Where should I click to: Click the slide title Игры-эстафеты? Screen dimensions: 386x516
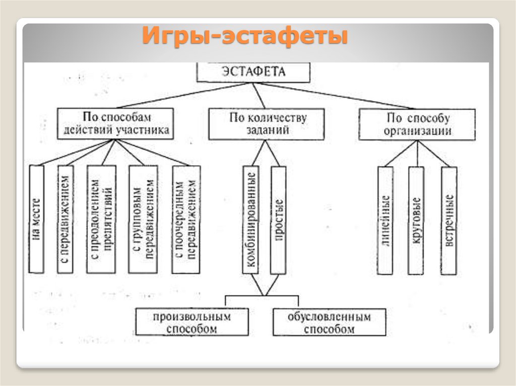pyautogui.click(x=245, y=37)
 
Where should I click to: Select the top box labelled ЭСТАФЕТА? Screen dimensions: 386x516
pyautogui.click(x=253, y=71)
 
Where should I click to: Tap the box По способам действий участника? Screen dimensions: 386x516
pyautogui.click(x=116, y=123)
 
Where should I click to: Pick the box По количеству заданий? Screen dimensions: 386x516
pyautogui.click(x=267, y=124)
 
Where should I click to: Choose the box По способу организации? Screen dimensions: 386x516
pyautogui.click(x=417, y=124)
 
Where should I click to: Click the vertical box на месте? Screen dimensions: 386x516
pyautogui.click(x=37, y=219)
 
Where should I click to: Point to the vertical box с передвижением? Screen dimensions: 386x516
pyautogui.click(x=66, y=219)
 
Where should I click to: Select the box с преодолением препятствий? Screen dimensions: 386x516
pyautogui.click(x=101, y=219)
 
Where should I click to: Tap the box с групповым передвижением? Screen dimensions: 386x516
pyautogui.click(x=143, y=219)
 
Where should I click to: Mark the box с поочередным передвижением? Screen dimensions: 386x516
pyautogui.click(x=185, y=219)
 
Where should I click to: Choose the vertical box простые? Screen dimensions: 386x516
pyautogui.click(x=278, y=219)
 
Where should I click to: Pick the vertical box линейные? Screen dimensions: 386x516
pyautogui.click(x=385, y=220)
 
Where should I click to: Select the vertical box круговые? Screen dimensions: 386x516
pyautogui.click(x=416, y=220)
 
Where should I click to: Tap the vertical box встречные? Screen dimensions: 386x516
pyautogui.click(x=449, y=220)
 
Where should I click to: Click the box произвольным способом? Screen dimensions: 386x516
pyautogui.click(x=192, y=323)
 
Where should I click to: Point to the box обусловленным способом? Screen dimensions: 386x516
pyautogui.click(x=330, y=323)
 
